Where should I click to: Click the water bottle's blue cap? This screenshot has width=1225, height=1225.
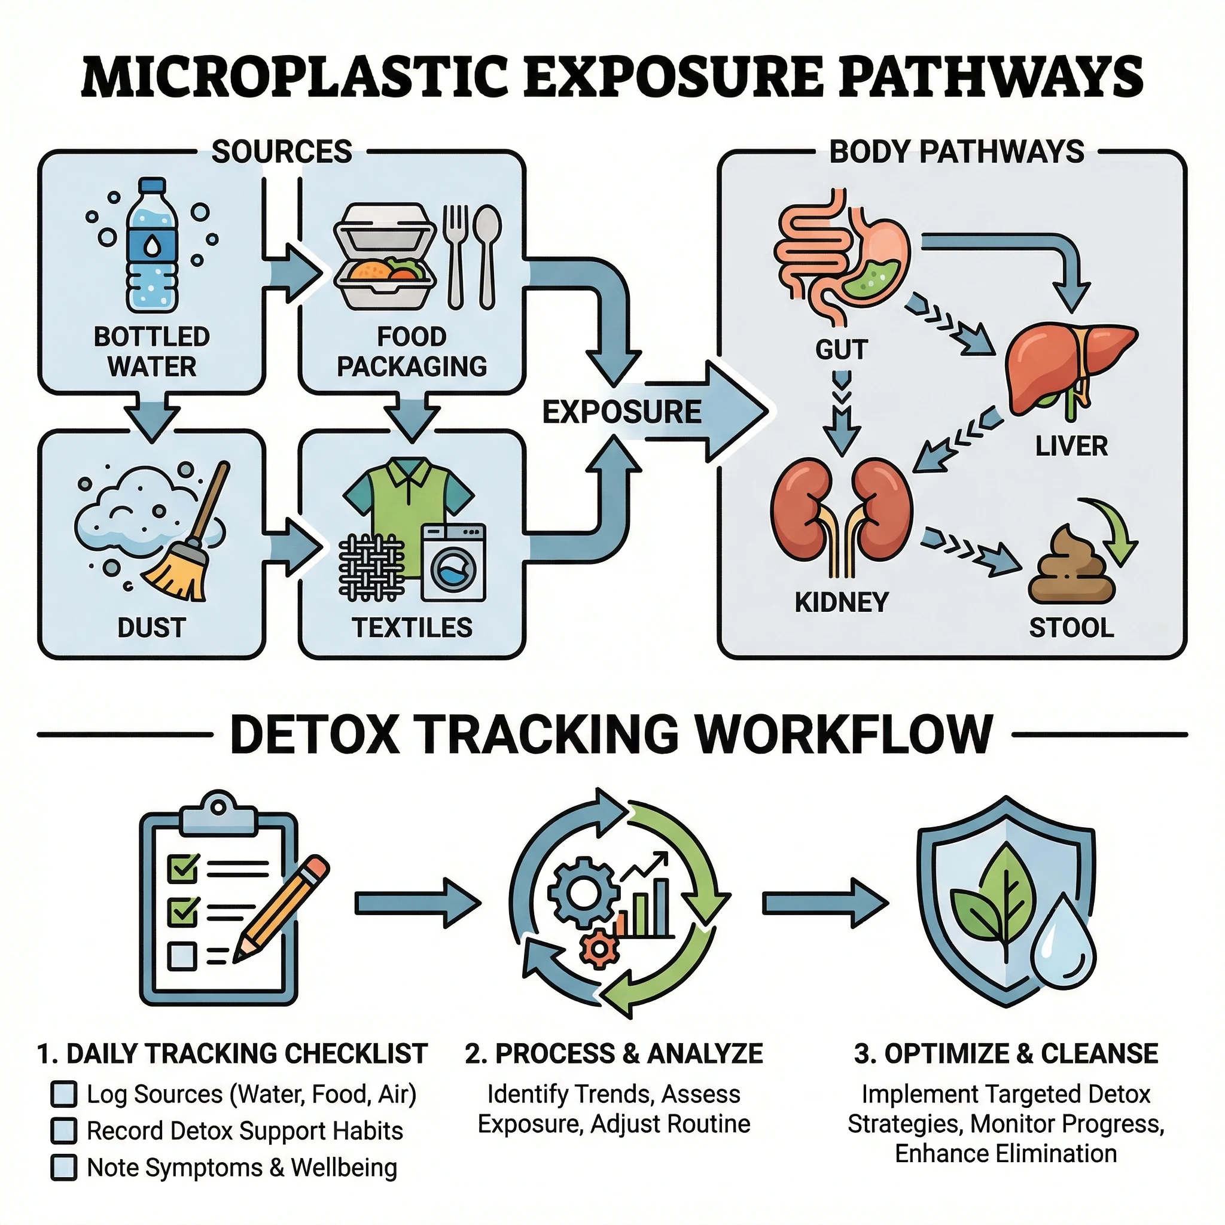coord(152,186)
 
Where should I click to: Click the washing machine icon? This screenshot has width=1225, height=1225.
coord(453,562)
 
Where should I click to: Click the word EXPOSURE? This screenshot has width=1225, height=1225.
coord(621,412)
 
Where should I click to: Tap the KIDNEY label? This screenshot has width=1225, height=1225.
coord(842,602)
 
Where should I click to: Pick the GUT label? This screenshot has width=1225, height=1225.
coord(842,350)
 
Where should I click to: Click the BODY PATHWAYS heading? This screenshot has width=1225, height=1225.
coord(957,152)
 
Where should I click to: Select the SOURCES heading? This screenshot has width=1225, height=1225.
coord(282,152)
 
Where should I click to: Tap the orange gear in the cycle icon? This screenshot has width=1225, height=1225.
coord(599,948)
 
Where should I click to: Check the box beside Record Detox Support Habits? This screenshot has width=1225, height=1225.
coord(63,1131)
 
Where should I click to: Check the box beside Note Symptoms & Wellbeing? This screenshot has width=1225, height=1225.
coord(63,1168)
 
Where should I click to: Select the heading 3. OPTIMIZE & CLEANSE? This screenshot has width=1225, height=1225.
coord(1005,1054)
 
